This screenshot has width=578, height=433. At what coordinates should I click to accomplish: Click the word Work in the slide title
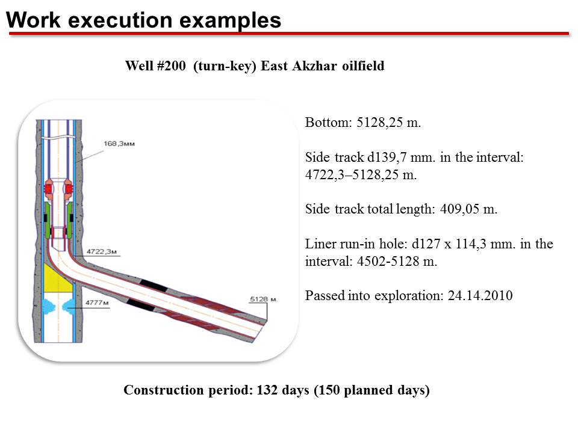pyautogui.click(x=33, y=20)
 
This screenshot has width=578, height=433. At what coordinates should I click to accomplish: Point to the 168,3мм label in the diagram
pyautogui.click(x=119, y=144)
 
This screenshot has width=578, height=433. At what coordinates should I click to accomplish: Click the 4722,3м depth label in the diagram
pyautogui.click(x=101, y=251)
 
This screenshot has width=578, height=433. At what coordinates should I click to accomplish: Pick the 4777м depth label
pyautogui.click(x=97, y=302)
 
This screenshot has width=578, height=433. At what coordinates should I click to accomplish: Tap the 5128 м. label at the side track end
pyautogui.click(x=263, y=299)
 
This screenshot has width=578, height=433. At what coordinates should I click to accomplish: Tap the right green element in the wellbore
pyautogui.click(x=70, y=221)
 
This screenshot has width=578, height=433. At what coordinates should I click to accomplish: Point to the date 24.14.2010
pyautogui.click(x=480, y=296)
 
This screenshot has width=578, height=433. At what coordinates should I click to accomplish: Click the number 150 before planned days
pyautogui.click(x=329, y=390)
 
